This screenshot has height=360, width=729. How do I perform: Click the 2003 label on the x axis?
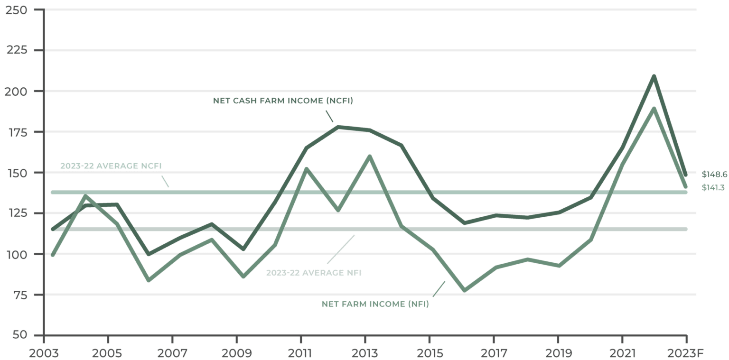tap(44, 353)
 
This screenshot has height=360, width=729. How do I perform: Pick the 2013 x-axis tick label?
tap(365, 353)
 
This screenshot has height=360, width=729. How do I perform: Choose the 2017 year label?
tap(494, 353)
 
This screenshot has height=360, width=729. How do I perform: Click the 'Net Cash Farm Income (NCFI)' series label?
tap(283, 101)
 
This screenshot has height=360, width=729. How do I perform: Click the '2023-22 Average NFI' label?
tap(314, 273)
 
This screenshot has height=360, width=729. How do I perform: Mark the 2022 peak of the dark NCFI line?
tap(654, 77)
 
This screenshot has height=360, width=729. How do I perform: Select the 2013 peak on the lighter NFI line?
tap(369, 156)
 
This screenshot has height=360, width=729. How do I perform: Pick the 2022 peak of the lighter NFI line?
tap(654, 108)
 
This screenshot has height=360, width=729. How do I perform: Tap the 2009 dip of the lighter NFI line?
tap(244, 277)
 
